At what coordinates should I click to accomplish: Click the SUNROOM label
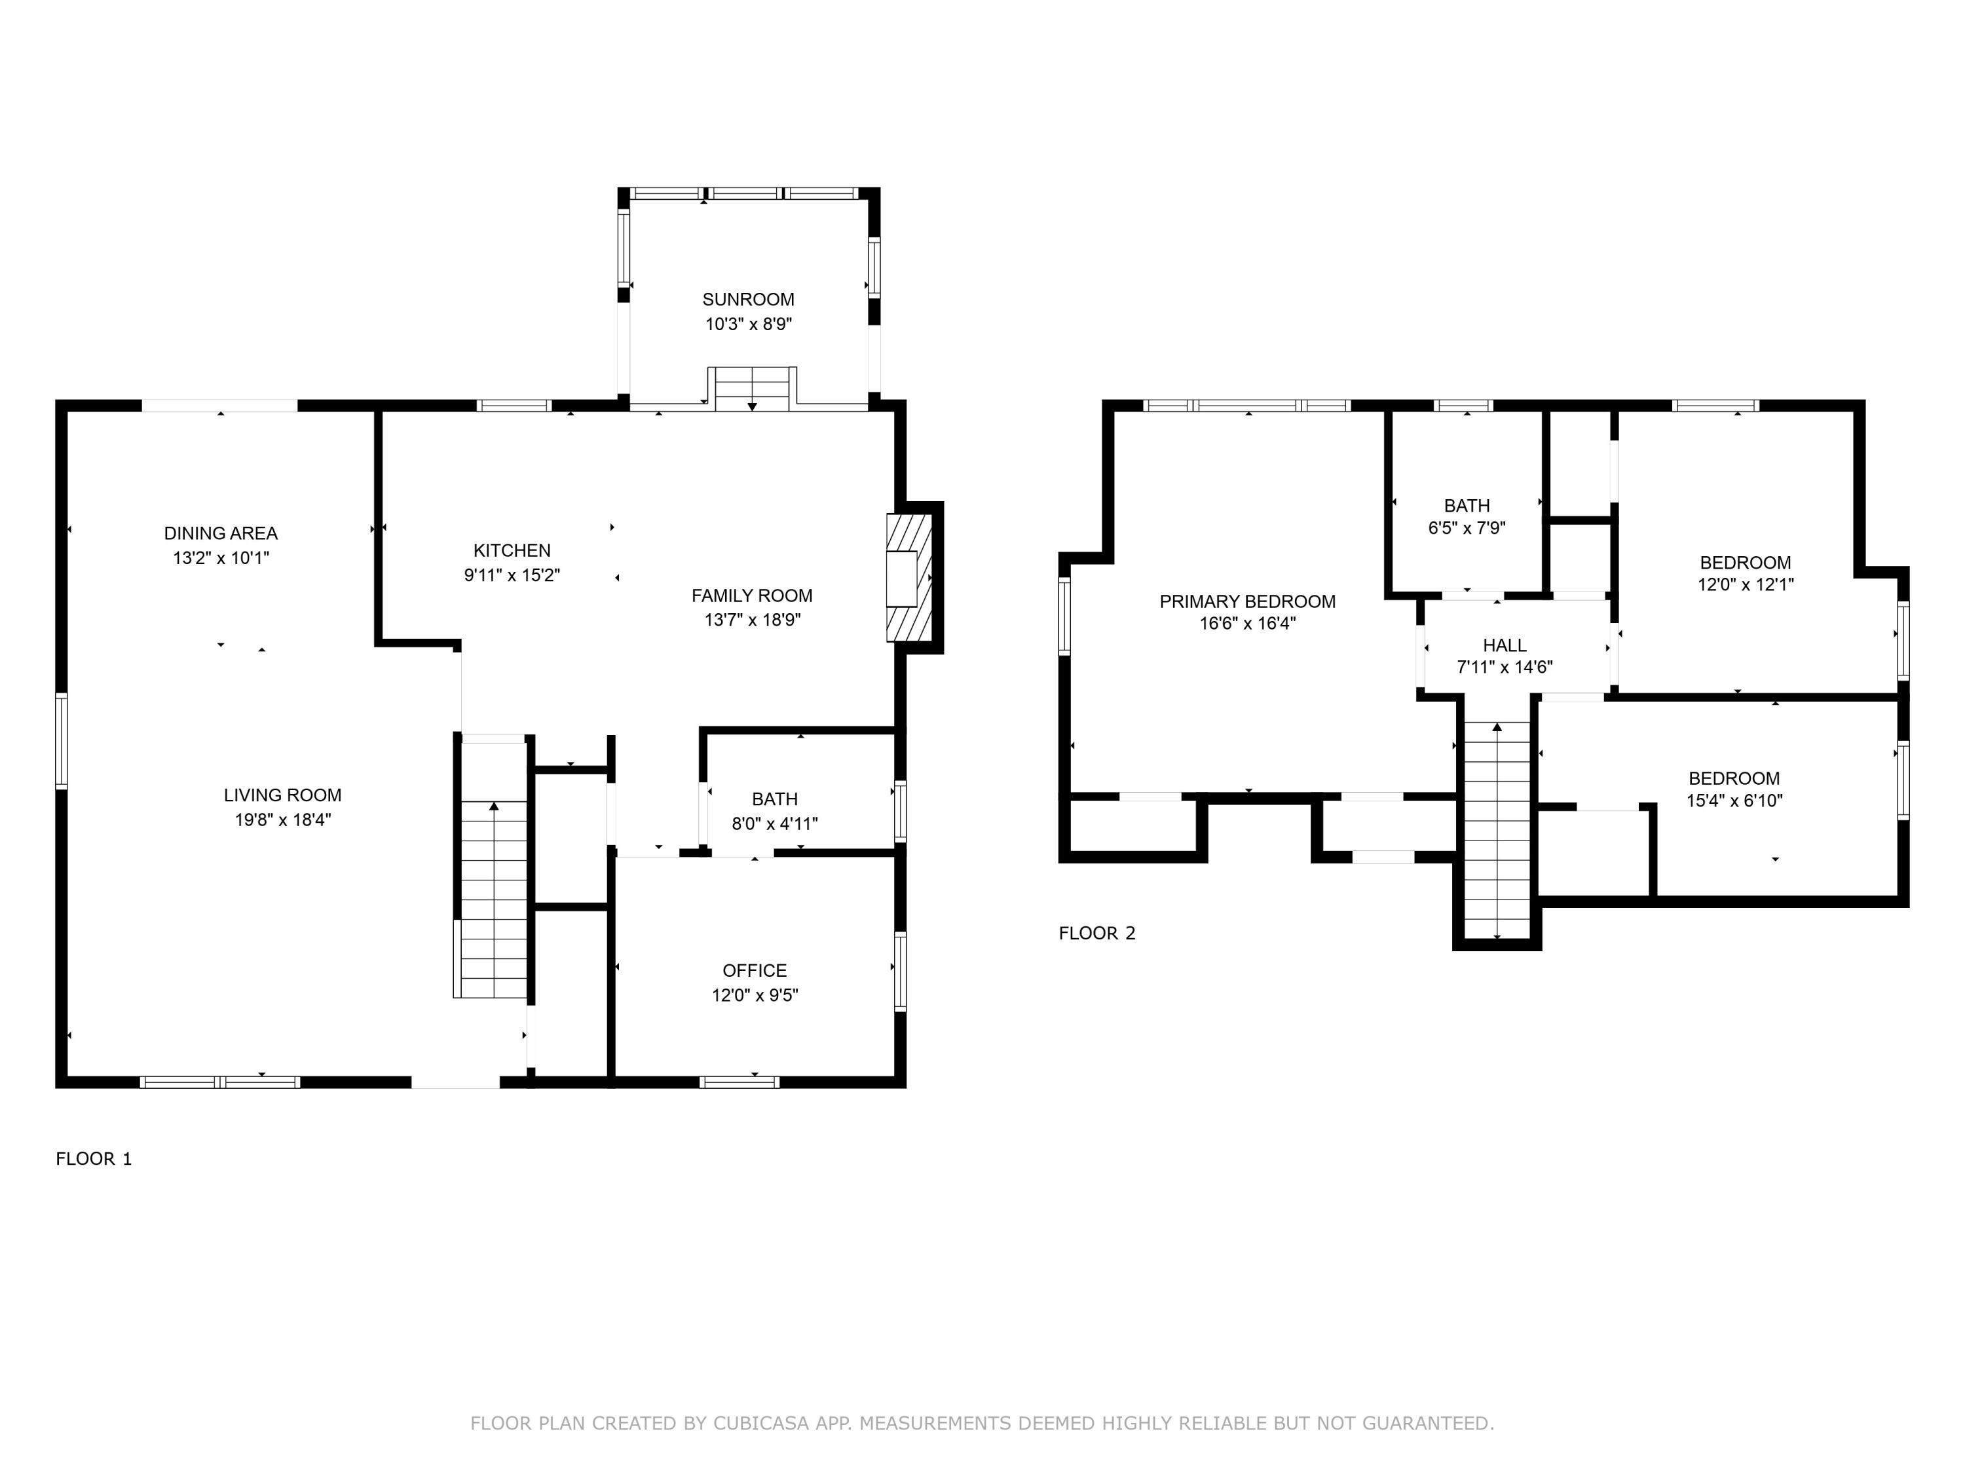(748, 299)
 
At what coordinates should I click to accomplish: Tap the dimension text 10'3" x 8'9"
(748, 324)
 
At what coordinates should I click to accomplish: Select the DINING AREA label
(220, 533)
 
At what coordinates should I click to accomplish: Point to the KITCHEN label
(512, 550)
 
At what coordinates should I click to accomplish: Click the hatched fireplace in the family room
(908, 578)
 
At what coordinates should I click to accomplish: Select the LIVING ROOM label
(282, 795)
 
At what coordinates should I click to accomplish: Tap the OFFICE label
(754, 970)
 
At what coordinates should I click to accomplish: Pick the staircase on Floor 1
(493, 898)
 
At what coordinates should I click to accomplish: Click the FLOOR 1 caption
(93, 1159)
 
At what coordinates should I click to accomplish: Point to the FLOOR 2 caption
(1096, 933)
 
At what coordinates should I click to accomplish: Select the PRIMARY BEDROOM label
(1246, 601)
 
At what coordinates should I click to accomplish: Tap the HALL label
(1504, 645)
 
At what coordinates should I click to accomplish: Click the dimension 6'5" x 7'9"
(1466, 528)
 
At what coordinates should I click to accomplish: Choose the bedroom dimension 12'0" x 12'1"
(1745, 584)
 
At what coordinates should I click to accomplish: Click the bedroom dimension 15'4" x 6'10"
(1734, 801)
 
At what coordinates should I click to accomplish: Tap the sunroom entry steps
(751, 389)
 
